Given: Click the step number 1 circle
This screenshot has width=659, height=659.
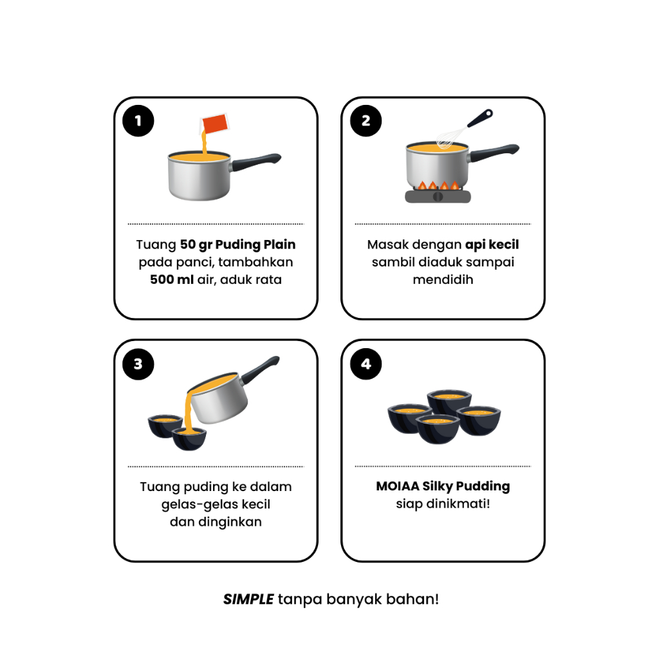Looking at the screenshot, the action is (x=138, y=120).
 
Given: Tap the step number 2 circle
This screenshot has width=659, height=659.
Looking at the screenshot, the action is (x=366, y=120).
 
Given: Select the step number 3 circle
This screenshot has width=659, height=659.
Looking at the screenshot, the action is (x=138, y=364).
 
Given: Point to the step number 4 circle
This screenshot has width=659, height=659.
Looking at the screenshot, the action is (x=366, y=364).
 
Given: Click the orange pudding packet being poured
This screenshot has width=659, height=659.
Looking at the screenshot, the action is (x=215, y=124).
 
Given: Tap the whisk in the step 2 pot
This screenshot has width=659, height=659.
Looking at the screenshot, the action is (x=462, y=129).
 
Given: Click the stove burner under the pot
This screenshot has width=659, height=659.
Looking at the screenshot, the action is (x=438, y=196).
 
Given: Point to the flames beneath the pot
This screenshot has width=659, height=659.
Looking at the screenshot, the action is (x=438, y=185).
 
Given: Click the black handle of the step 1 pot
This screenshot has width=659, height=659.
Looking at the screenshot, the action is (x=256, y=162).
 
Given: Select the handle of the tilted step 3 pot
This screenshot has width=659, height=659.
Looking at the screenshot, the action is (x=259, y=370).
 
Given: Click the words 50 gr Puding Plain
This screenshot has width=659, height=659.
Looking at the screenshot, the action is (x=238, y=245).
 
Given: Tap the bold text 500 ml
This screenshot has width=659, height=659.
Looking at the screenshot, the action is (x=172, y=279).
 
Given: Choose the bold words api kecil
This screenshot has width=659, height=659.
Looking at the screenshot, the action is (x=492, y=245).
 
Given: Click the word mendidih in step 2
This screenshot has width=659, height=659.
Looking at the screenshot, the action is (x=443, y=279).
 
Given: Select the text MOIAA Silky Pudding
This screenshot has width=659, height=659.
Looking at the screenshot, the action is (x=443, y=487).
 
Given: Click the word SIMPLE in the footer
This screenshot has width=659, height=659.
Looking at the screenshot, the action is (x=248, y=599).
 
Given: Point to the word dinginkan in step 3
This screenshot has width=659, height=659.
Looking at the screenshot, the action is (x=230, y=522).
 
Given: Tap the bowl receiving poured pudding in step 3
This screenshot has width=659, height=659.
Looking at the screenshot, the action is (x=190, y=439).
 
